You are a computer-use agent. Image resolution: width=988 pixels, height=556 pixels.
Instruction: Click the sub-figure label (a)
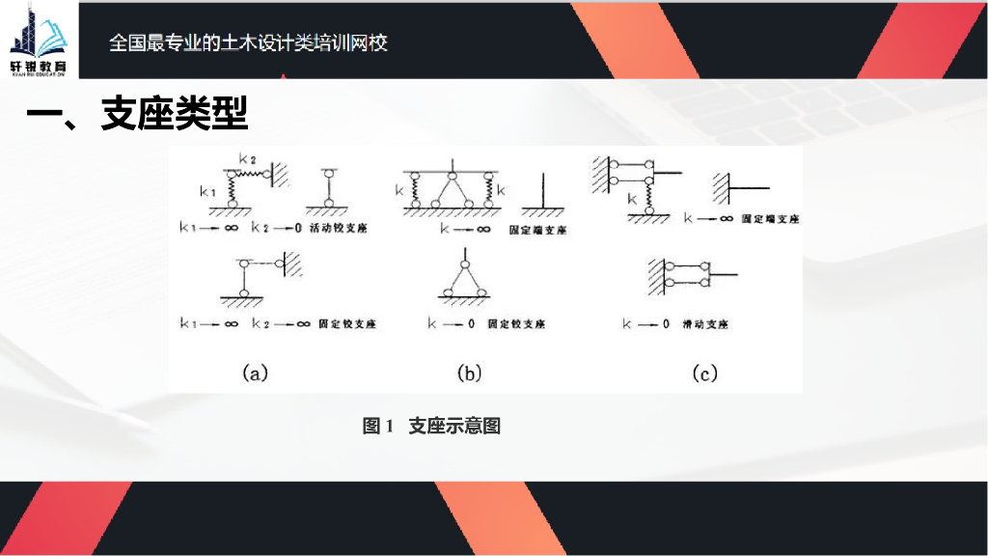[254, 373]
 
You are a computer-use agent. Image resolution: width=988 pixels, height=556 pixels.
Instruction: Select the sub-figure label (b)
[469, 373]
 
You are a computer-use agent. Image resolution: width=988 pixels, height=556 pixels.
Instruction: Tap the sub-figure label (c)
[705, 373]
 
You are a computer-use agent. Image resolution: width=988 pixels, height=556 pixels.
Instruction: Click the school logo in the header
[40, 39]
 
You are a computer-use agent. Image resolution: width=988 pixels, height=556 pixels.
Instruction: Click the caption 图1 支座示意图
[431, 426]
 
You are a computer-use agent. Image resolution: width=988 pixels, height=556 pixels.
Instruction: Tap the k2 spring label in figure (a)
[247, 157]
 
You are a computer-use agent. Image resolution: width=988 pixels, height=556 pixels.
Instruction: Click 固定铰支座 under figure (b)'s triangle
[516, 324]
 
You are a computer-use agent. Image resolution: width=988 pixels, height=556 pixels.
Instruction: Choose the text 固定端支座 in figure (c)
[770, 219]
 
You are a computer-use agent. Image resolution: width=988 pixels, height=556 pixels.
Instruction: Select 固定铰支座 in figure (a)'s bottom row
[346, 324]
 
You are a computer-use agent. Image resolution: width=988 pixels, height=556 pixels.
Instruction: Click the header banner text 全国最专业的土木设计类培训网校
[249, 43]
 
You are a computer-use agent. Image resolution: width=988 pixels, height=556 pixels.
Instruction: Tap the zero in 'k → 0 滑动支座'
[666, 324]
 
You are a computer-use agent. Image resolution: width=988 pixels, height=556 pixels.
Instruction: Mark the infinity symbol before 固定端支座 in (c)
[724, 219]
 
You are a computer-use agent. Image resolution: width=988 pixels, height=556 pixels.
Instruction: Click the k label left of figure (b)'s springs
[399, 191]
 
